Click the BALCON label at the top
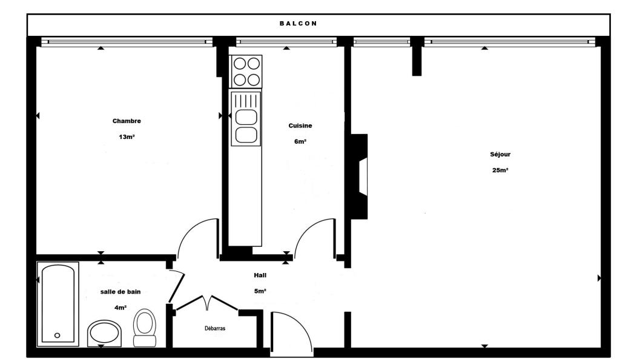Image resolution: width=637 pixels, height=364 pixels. coord(298,24)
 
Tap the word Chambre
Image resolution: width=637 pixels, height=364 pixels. coord(127,121)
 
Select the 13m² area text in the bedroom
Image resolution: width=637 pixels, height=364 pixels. coord(127,137)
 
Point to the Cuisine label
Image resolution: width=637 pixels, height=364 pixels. coord(300,126)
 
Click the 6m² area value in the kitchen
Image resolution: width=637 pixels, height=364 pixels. coord(300,142)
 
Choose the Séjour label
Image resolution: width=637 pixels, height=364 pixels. coord(500,154)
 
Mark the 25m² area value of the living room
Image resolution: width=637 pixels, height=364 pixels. coord(500,170)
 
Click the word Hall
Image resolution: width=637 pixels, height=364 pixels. coord(260,275)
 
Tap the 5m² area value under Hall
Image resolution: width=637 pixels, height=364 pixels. coord(260,291)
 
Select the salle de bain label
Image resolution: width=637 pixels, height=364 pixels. coord(120,292)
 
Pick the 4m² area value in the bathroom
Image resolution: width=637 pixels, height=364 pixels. coord(120,308)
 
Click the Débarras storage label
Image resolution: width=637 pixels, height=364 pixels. coord(215,328)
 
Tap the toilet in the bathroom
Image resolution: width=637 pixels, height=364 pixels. coord(145,328)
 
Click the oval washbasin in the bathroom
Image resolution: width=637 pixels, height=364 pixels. coord(104,332)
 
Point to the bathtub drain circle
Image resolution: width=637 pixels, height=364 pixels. coord(58,335)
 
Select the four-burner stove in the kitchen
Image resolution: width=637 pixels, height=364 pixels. coord(246,71)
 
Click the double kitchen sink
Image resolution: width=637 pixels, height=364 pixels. coord(246,118)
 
